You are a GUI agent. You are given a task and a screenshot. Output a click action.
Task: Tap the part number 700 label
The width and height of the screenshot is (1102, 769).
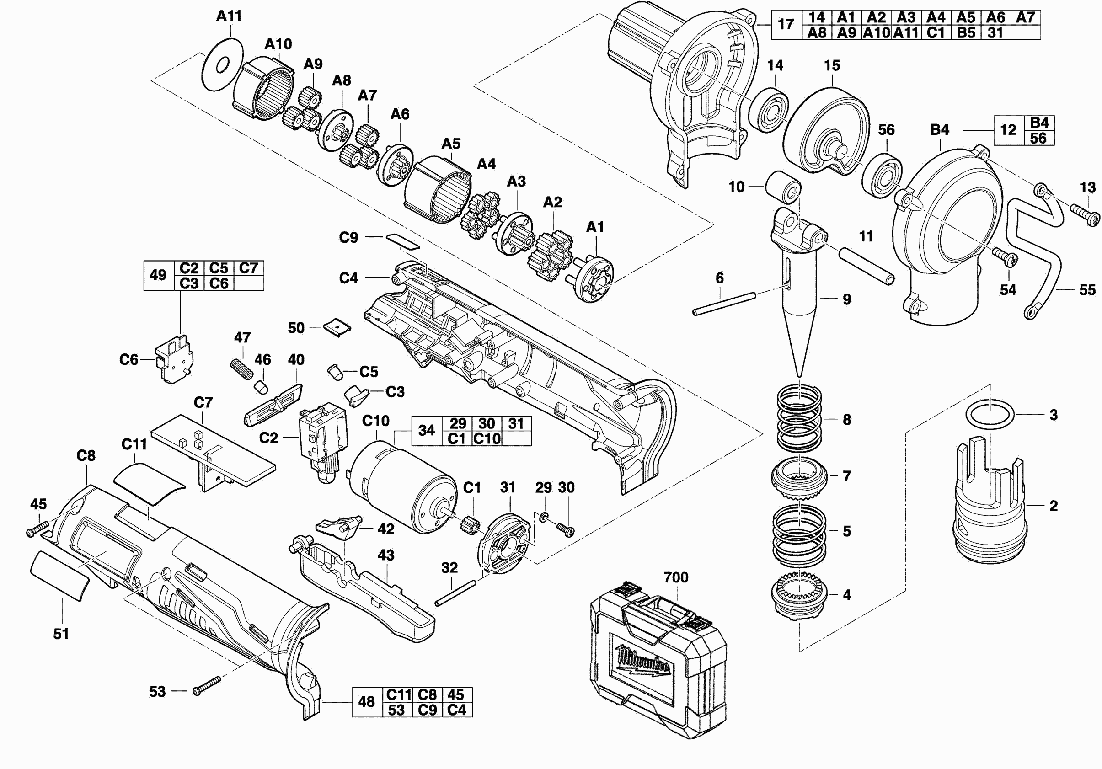[x=676, y=577]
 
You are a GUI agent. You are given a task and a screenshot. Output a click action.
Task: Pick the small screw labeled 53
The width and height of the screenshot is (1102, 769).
[x=206, y=685]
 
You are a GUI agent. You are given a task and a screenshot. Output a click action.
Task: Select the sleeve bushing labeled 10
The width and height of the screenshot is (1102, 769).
[x=782, y=187]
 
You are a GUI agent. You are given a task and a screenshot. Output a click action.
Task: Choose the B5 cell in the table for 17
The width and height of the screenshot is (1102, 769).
[x=966, y=32]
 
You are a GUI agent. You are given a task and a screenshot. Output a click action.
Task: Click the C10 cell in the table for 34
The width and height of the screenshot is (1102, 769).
[x=487, y=438]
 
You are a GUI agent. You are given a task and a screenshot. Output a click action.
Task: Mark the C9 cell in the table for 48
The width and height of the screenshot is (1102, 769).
[x=427, y=710]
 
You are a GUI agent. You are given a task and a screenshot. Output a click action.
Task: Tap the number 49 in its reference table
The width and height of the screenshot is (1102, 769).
[x=158, y=275]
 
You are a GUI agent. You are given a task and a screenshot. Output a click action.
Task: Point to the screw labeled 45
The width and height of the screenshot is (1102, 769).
[x=37, y=529]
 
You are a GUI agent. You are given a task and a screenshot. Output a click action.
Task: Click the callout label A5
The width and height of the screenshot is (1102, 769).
[x=451, y=144]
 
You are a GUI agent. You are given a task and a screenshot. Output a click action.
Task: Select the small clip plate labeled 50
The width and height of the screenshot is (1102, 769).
[x=337, y=327]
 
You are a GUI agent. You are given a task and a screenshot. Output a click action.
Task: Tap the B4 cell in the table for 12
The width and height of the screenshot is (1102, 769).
[x=1038, y=123]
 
